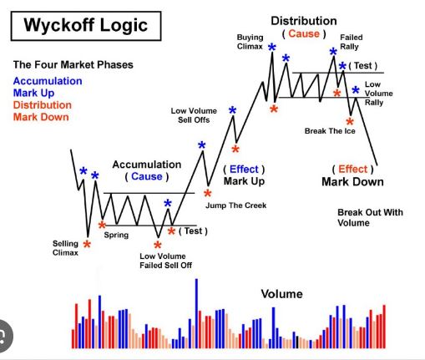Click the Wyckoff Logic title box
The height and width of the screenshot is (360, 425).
pyautogui.click(x=86, y=26)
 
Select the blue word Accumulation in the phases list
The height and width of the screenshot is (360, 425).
pyautogui.click(x=48, y=81)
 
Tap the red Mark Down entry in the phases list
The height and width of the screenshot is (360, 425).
pyautogui.click(x=41, y=117)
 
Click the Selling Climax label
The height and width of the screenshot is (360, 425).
pyautogui.click(x=65, y=248)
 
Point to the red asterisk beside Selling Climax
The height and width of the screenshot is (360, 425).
pyautogui.click(x=87, y=245)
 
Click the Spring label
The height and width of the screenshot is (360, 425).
pyautogui.click(x=116, y=235)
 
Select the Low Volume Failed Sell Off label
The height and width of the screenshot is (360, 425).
pyautogui.click(x=165, y=261)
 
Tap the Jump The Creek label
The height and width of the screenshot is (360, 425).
pyautogui.click(x=236, y=205)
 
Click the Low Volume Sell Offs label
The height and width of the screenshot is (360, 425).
pyautogui.click(x=194, y=115)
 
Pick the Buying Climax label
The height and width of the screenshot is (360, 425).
pyautogui.click(x=250, y=42)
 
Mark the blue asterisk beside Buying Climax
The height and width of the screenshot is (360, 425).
pyautogui.click(x=272, y=48)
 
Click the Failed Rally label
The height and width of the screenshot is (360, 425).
pyautogui.click(x=352, y=42)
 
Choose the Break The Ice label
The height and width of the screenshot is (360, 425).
pyautogui.click(x=330, y=131)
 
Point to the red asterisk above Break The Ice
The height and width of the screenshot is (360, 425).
pyautogui.click(x=350, y=122)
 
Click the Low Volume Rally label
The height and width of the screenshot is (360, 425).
pyautogui.click(x=379, y=94)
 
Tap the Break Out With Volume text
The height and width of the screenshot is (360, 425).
pyautogui.click(x=370, y=217)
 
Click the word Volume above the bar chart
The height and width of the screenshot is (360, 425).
pyautogui.click(x=281, y=294)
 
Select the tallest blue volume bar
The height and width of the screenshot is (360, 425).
pyautogui.click(x=196, y=313)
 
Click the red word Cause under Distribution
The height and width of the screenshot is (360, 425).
pyautogui.click(x=304, y=33)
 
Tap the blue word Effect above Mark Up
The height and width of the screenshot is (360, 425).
pyautogui.click(x=244, y=169)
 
